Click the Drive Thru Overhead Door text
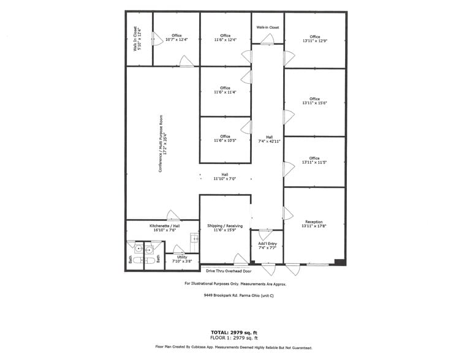click(228, 270)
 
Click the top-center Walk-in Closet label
click(268, 28)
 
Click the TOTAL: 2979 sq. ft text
click(234, 332)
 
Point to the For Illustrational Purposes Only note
click(235, 283)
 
